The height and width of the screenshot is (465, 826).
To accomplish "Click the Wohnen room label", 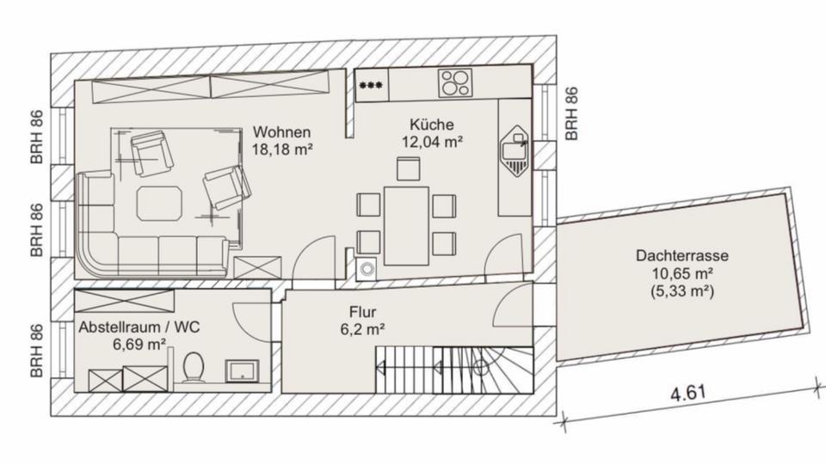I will pyautogui.click(x=281, y=132).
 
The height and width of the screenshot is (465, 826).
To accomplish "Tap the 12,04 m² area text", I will pyautogui.click(x=433, y=142).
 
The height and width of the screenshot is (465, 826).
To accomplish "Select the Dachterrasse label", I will pyautogui.click(x=683, y=255).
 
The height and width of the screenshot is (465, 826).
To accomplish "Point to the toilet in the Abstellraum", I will pyautogui.click(x=194, y=368).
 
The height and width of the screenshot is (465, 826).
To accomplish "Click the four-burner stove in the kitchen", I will pyautogui.click(x=456, y=83).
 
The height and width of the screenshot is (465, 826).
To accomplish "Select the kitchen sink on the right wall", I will pyautogui.click(x=517, y=151).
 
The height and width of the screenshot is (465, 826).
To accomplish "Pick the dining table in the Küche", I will pyautogui.click(x=406, y=225).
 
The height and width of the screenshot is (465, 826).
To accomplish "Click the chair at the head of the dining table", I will pyautogui.click(x=408, y=168).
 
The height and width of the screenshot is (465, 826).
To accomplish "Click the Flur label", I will pyautogui.click(x=362, y=312).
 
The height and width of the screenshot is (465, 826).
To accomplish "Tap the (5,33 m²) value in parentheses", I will pyautogui.click(x=683, y=291).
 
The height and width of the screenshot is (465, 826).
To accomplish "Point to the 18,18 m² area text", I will pyautogui.click(x=281, y=149).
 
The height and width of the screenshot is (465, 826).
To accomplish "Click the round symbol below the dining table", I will pyautogui.click(x=368, y=268).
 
